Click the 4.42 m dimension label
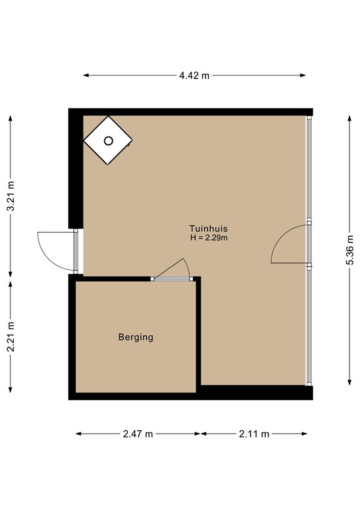(194, 76)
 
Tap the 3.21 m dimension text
(11, 197)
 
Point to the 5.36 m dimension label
(349, 249)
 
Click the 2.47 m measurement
(138, 434)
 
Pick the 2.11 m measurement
(254, 434)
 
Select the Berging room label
(136, 337)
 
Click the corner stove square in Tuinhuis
(108, 140)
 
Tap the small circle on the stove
(108, 140)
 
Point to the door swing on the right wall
(290, 245)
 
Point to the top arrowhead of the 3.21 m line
(11, 117)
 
